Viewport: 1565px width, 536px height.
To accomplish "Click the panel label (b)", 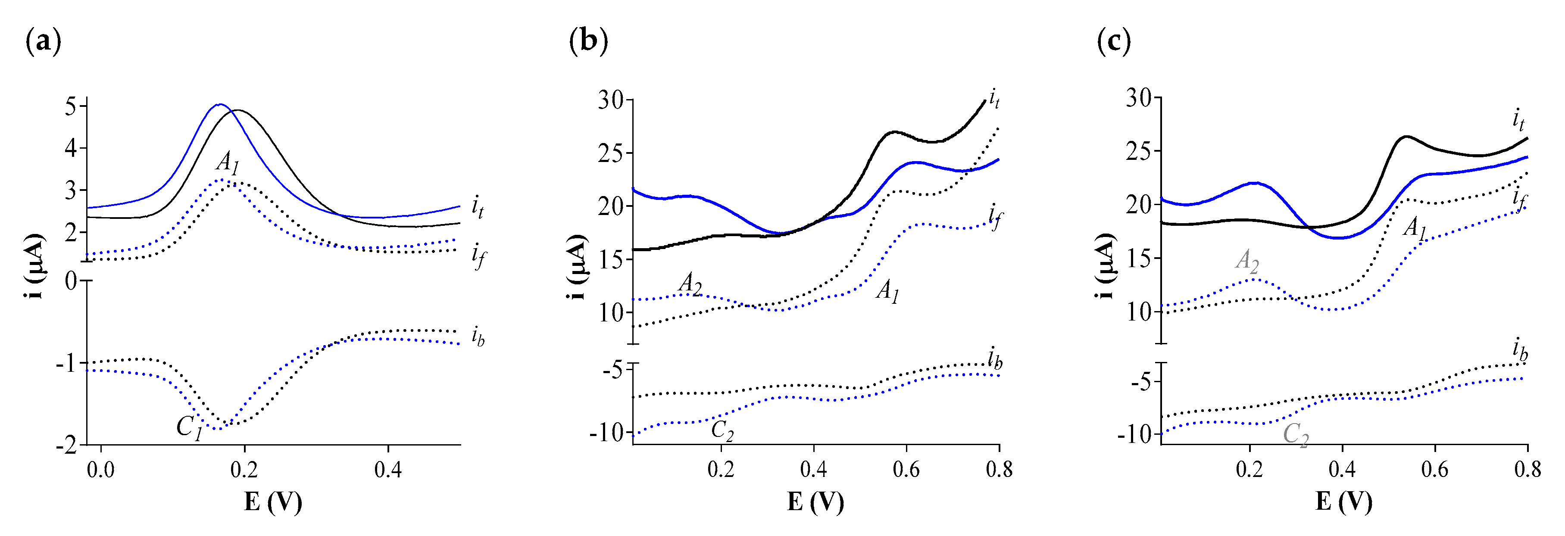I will tap(588, 43).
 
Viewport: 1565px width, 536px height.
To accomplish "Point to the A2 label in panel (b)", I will tap(690, 284).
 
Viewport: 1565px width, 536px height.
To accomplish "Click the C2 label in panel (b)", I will tap(722, 430).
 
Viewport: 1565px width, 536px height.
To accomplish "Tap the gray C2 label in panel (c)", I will tap(1295, 435).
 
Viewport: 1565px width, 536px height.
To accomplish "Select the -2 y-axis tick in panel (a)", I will tap(66, 446).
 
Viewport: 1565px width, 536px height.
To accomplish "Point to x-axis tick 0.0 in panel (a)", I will tap(100, 470).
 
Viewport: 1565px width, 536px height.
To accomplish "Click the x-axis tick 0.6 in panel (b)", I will tap(906, 470).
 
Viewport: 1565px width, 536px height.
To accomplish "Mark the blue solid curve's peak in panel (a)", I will tap(220, 104).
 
